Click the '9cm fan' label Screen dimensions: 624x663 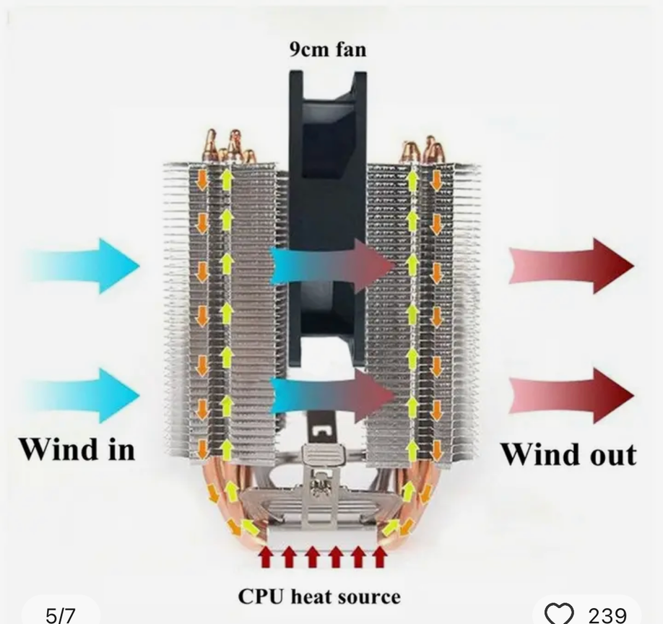tap(327, 49)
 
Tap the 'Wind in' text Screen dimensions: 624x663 tap(77, 449)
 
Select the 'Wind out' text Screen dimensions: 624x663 tap(569, 454)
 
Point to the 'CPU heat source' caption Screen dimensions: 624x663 tap(319, 597)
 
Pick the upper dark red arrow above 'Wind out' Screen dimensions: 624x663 tap(571, 265)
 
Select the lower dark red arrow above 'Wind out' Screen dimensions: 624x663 tap(571, 395)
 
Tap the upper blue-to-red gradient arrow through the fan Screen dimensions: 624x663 tap(332, 266)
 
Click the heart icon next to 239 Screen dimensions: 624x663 tap(558, 614)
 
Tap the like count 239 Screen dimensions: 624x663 tap(607, 615)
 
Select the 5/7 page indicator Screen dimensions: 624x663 tap(60, 615)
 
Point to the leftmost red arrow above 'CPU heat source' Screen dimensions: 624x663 tap(266, 557)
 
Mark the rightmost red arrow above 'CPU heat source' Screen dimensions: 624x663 tap(380, 557)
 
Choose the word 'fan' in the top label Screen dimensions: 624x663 tap(350, 49)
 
